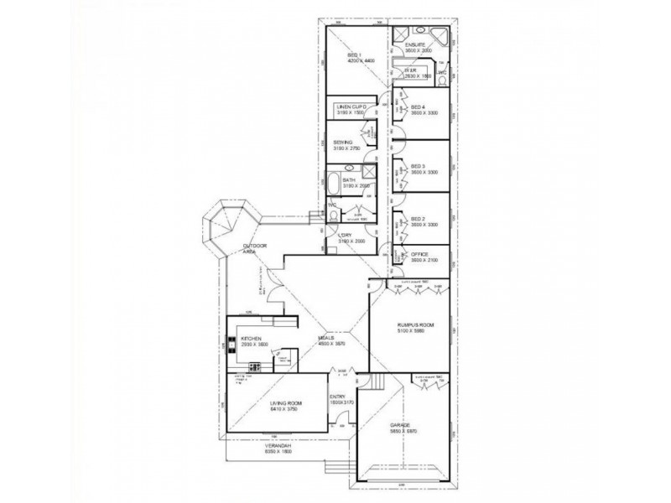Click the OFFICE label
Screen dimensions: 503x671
tap(420, 254)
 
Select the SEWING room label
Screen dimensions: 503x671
tap(342, 143)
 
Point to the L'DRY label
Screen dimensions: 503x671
tap(344, 236)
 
